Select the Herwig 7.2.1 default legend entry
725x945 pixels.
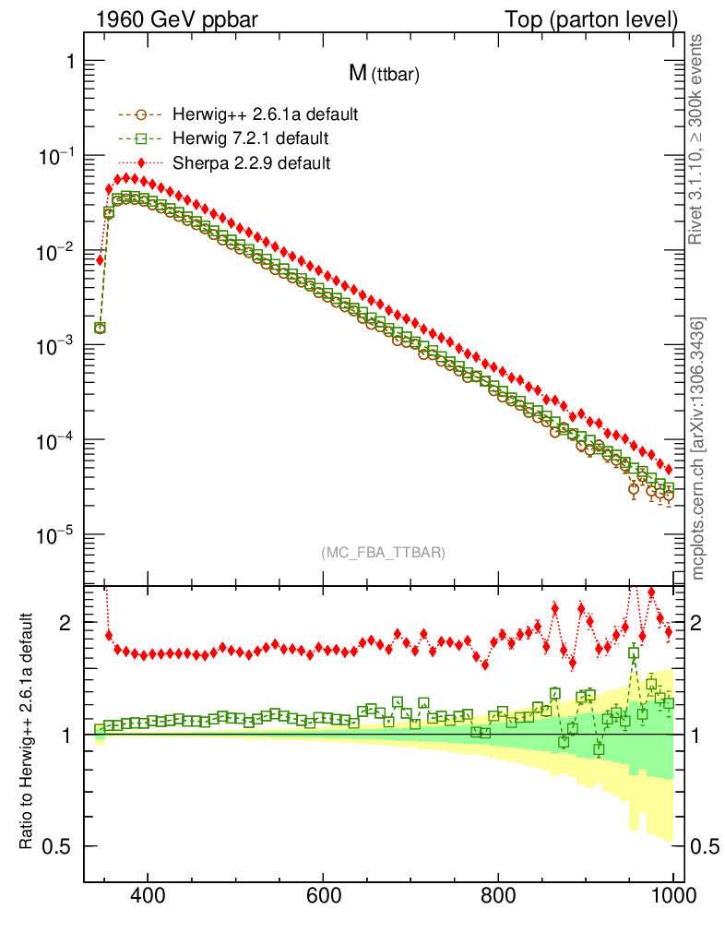(252, 138)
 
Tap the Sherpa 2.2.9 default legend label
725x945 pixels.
(252, 162)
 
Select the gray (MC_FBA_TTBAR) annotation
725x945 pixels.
(383, 553)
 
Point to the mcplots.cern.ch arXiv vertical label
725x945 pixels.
(697, 448)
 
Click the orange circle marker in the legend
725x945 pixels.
(141, 115)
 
